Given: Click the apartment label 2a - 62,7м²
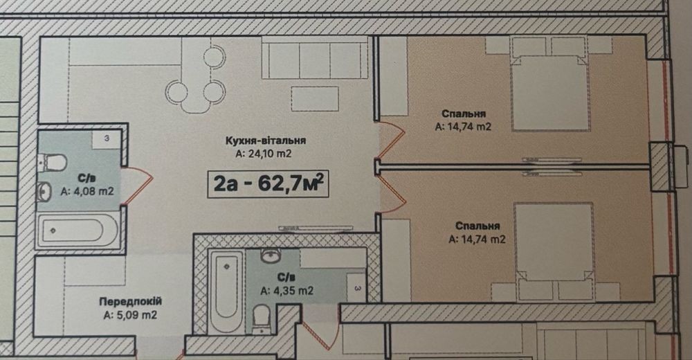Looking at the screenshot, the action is coord(268,183).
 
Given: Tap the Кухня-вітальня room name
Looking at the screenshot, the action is coord(266,141).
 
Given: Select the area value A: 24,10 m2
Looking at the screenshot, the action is coord(264,154).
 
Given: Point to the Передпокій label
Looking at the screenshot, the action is coord(131,302).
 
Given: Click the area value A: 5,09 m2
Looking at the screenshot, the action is coord(131,316).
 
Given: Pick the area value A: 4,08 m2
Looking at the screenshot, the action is coord(87,192).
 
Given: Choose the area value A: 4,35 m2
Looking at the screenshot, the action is coord(287,291).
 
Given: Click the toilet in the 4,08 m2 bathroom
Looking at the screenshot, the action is coord(52,162).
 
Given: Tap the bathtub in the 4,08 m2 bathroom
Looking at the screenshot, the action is coord(78,231).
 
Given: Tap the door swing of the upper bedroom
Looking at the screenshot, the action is coord(392,139).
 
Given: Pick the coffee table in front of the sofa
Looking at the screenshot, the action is coord(315,98).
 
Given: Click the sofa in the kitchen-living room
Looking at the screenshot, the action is coord(315,57).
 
